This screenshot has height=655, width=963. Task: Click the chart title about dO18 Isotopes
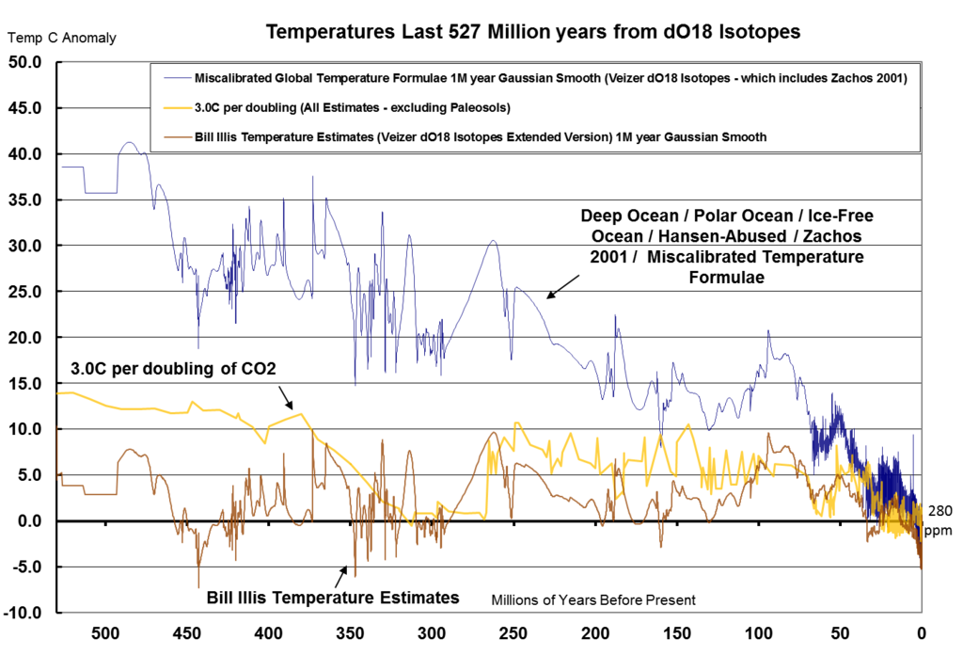coord(533,32)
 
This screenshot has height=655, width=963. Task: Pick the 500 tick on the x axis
coord(105,631)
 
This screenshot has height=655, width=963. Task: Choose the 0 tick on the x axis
coord(922,631)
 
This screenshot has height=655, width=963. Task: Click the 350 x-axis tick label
coord(350,631)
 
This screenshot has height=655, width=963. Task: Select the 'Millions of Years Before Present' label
coord(592,599)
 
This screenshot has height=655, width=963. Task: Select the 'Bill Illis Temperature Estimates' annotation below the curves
coord(333,597)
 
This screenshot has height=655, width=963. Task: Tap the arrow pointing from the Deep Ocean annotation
coord(563,287)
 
